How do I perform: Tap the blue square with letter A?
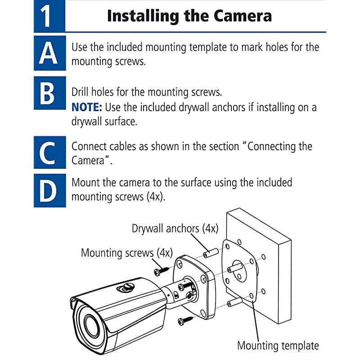50,53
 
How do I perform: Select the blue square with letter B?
50,93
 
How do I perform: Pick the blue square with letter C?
50,152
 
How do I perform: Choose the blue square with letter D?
50,190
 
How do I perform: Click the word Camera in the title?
243,16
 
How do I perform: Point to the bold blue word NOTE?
87,107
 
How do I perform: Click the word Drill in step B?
80,92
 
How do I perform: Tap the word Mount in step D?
85,183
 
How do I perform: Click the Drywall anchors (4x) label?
175,229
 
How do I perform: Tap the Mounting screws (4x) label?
127,253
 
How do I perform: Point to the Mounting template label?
278,346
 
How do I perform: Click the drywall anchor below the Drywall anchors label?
211,253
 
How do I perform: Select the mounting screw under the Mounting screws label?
162,271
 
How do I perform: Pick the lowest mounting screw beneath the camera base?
185,320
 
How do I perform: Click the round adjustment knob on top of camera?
126,287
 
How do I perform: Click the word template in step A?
208,47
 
